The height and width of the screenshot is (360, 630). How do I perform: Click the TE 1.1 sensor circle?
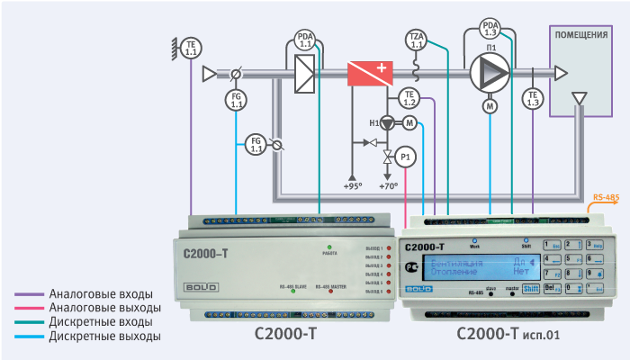click(191, 49)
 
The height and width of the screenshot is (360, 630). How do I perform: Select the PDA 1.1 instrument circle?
click(304, 40)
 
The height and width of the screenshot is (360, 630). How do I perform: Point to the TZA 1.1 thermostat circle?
click(416, 40)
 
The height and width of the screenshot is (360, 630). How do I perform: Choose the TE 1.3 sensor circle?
click(533, 99)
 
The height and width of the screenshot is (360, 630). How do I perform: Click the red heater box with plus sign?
click(371, 73)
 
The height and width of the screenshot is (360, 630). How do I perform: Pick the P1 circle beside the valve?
click(407, 157)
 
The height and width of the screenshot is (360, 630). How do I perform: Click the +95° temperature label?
click(352, 185)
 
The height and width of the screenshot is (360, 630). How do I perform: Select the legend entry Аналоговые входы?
click(101, 294)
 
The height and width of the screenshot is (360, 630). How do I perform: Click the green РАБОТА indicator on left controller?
click(330, 247)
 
